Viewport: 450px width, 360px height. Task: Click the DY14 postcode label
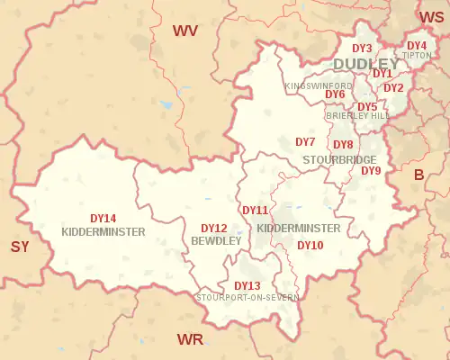tap(103, 219)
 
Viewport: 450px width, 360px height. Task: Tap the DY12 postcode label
tap(213, 229)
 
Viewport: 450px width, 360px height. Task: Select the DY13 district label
tap(247, 286)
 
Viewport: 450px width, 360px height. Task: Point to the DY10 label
tap(310, 245)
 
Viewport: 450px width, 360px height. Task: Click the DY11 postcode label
tap(255, 211)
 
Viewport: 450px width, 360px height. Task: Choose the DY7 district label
tap(305, 142)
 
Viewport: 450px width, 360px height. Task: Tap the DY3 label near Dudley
tap(362, 49)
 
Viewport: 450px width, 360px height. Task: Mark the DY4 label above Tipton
tap(417, 45)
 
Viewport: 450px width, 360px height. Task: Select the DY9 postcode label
tap(371, 171)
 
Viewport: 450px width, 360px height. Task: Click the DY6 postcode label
tap(335, 94)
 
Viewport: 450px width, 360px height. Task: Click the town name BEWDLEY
tap(216, 241)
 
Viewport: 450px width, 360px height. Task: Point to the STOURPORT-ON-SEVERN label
tap(250, 297)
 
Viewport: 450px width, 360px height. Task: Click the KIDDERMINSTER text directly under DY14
tap(103, 231)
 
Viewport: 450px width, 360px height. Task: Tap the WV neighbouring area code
tap(185, 31)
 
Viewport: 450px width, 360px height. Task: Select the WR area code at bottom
tap(190, 339)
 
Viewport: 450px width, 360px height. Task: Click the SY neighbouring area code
tap(21, 247)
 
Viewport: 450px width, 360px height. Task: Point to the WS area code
tap(431, 16)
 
